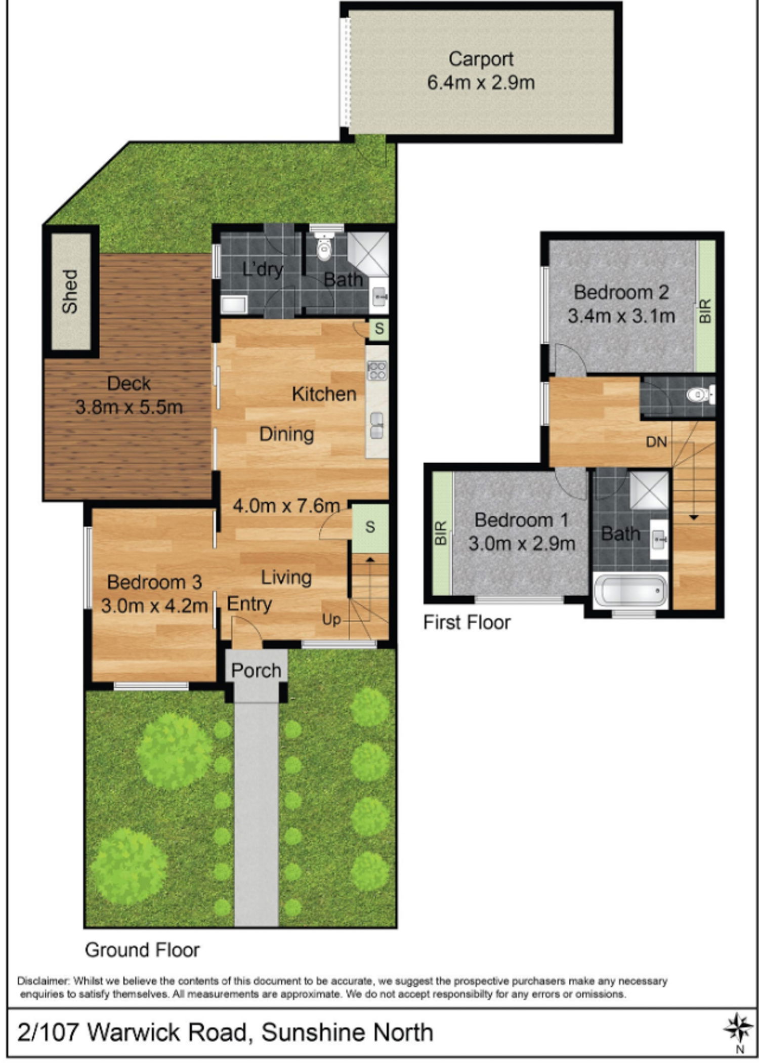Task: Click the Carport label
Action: tap(481, 59)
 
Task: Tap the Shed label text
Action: tap(70, 291)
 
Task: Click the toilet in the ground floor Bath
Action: tap(323, 246)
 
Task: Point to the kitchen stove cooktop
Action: tap(377, 370)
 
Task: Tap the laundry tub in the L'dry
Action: tap(234, 305)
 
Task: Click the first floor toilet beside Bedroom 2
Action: tap(701, 395)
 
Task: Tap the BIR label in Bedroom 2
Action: tap(705, 311)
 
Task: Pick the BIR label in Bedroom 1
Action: tap(441, 533)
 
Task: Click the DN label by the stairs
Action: tap(656, 442)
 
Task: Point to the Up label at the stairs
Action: tap(331, 620)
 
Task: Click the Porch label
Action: tap(256, 671)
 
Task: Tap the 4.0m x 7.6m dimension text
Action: tap(286, 506)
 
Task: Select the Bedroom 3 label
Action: tap(154, 582)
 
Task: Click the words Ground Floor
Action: tap(142, 950)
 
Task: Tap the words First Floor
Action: tap(467, 622)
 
